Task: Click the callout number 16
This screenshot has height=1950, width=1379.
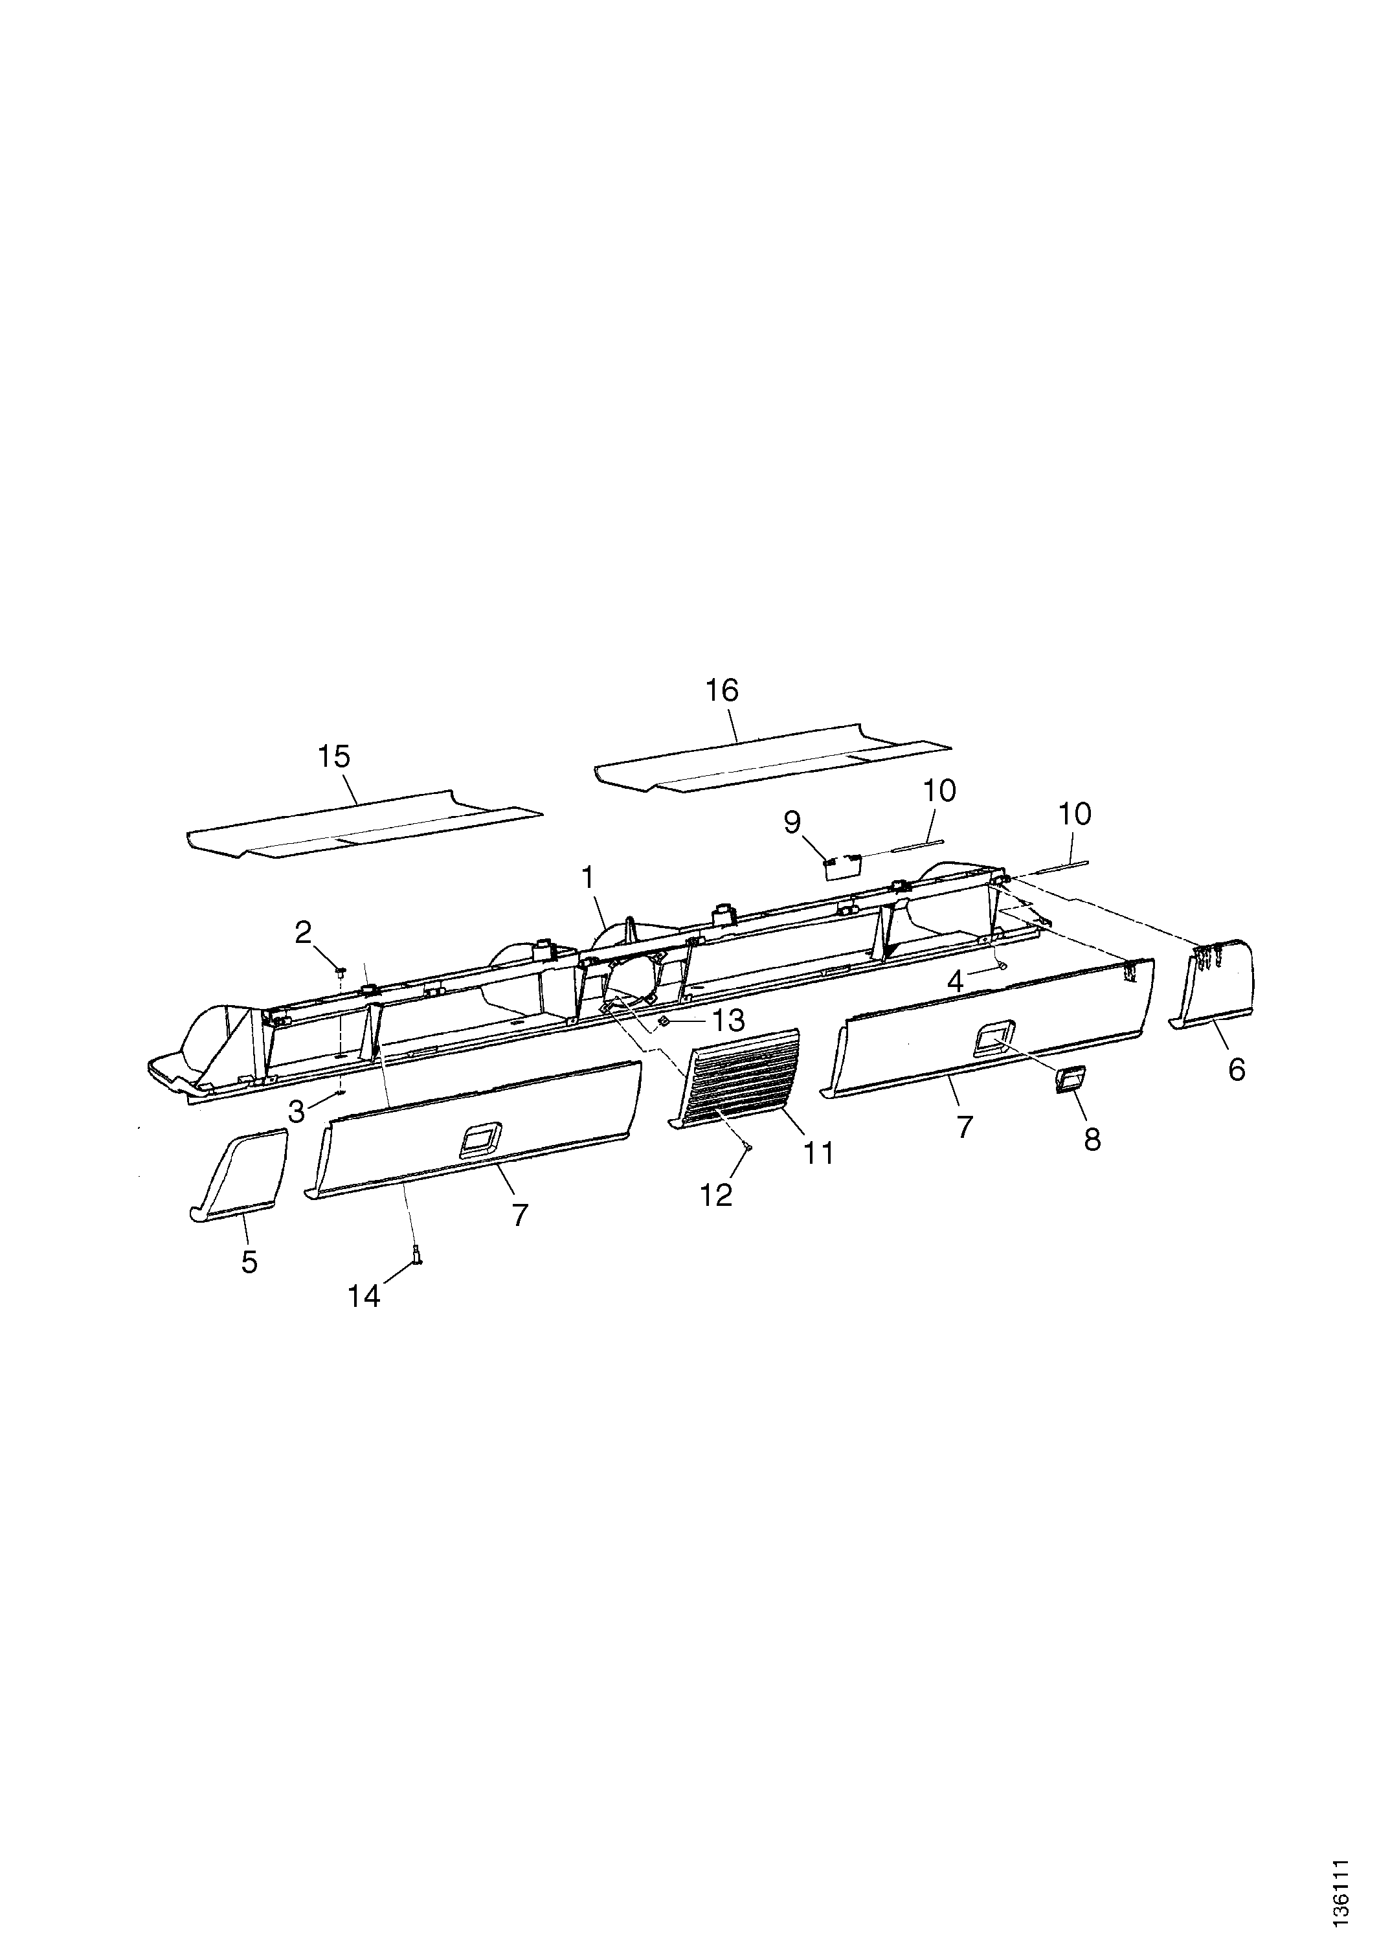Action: (x=722, y=690)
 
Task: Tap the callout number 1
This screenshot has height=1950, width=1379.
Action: (x=588, y=878)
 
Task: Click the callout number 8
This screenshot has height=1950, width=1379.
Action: (x=1092, y=1140)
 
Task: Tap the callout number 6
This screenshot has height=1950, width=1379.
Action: (x=1237, y=1070)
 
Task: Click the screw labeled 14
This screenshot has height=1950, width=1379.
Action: (x=417, y=1273)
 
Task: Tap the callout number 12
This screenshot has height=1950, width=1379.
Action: (x=716, y=1195)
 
